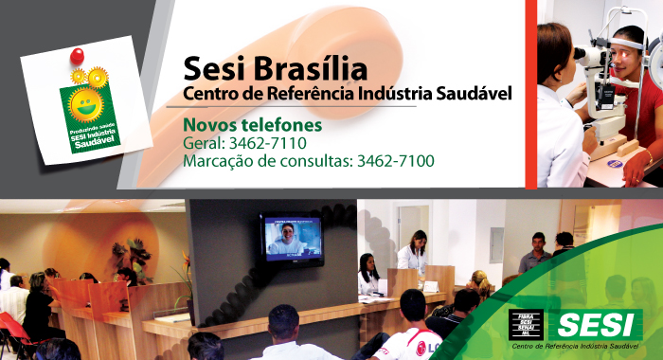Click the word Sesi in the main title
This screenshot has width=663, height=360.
[213, 68]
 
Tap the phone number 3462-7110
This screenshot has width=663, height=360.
[275, 143]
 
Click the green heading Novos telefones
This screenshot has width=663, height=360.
[253, 125]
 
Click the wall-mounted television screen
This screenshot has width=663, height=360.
[290, 235]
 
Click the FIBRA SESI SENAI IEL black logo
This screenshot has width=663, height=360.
[526, 325]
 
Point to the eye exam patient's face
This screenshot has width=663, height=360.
[626, 47]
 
